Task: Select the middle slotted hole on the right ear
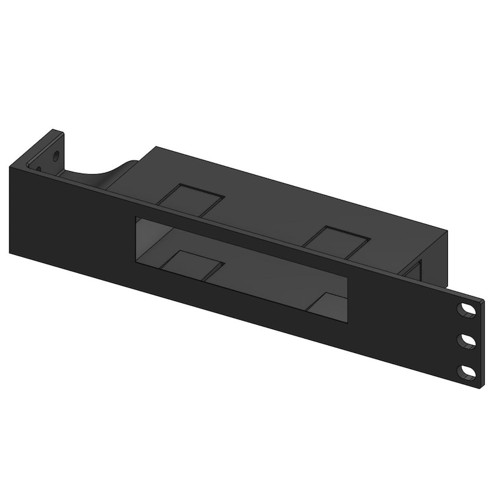(x=467, y=340)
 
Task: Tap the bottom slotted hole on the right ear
(x=467, y=373)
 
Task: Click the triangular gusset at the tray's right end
(x=414, y=269)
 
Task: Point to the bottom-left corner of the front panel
(x=11, y=252)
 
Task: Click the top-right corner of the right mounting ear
(x=484, y=301)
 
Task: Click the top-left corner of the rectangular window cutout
(x=137, y=217)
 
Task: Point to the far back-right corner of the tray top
(x=448, y=231)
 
